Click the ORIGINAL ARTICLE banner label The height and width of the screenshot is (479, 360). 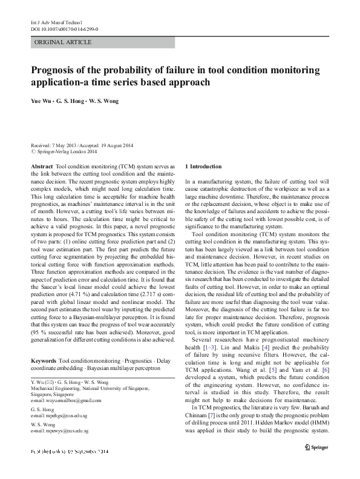(x=64, y=42)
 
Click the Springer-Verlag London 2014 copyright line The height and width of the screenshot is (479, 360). (x=66, y=152)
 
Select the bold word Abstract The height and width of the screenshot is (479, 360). (x=41, y=166)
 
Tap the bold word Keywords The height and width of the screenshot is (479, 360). (x=45, y=360)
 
